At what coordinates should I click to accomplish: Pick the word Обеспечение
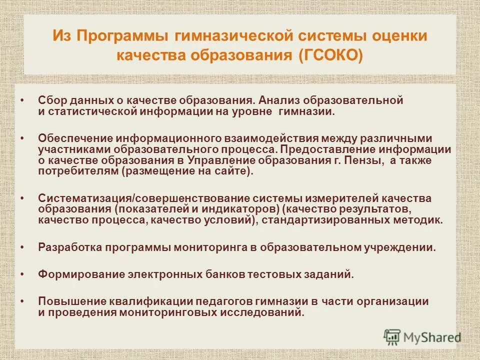click(x=75, y=137)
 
